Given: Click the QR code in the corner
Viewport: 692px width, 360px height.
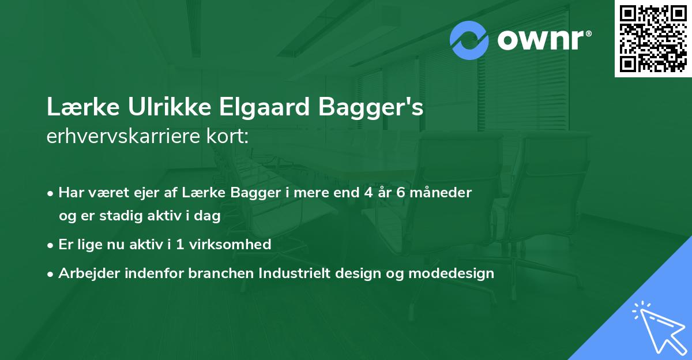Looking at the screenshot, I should click(x=653, y=39).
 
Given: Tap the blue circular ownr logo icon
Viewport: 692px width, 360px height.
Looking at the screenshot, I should click(x=469, y=40).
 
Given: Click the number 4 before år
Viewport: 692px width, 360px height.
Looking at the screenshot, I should click(x=367, y=193).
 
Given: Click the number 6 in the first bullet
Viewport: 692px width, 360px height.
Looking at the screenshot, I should click(x=402, y=193).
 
